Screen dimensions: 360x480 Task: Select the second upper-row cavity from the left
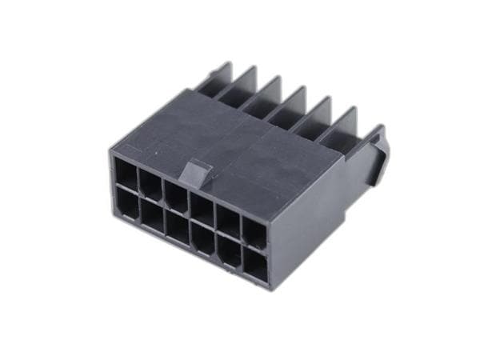pos(150,183)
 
